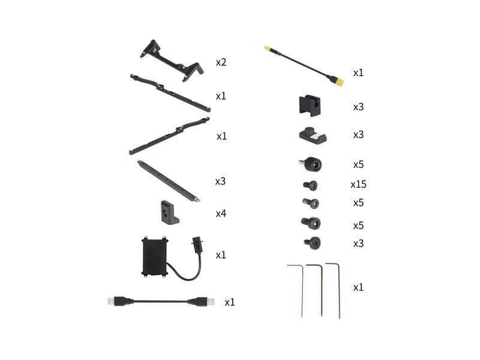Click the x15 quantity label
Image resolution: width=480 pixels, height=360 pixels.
pos(358,184)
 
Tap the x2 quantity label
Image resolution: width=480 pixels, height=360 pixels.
pos(221,62)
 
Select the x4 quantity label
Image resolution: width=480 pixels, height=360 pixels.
pos(221,214)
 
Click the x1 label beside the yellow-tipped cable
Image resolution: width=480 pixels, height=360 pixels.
pos(358,73)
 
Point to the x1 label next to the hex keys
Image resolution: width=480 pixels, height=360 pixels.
pos(358,287)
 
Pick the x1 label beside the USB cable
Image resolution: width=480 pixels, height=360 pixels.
pos(230,302)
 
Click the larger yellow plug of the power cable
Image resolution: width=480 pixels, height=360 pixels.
pos(337,81)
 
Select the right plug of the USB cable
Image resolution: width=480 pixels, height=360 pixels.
pos(202,302)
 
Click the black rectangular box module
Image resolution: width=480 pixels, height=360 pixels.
pos(155,257)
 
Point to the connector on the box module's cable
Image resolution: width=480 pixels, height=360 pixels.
pos(197,244)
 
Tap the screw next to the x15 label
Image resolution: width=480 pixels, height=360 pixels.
pos(310,185)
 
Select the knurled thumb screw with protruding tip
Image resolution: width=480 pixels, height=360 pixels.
pos(310,164)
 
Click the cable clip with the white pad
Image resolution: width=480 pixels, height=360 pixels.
pos(312,134)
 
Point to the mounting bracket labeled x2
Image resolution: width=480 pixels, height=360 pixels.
pos(172,61)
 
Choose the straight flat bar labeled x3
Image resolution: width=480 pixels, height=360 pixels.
pos(169,181)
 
